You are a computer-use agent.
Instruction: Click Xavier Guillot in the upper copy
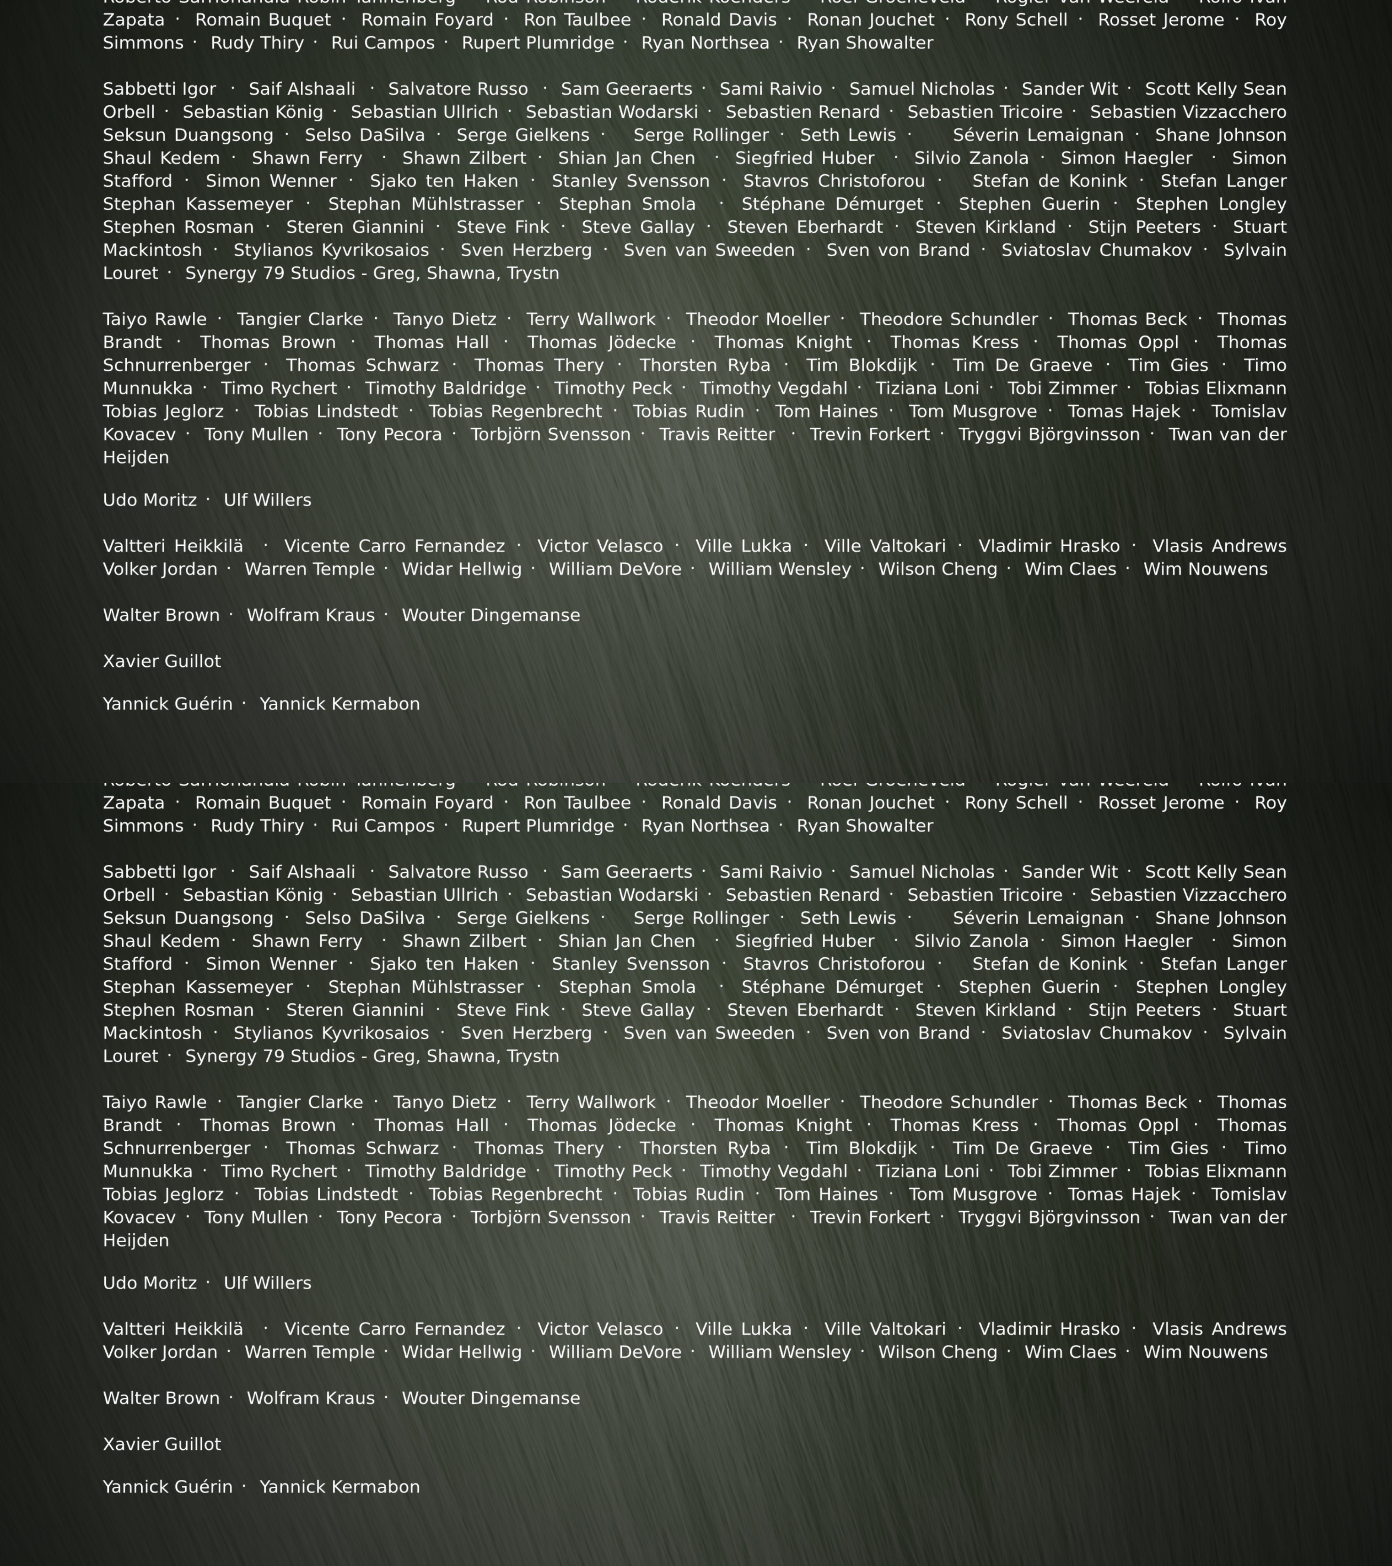click(162, 661)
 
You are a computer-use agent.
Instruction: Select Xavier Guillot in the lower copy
click(162, 1444)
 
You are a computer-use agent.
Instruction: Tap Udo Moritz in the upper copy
click(149, 500)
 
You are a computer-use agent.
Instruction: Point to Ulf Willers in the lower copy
click(267, 1283)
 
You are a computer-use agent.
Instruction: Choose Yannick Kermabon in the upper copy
click(339, 704)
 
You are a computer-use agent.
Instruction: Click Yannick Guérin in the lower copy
click(168, 1487)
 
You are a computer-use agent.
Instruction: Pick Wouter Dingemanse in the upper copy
click(490, 615)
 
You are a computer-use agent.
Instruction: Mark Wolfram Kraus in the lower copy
click(310, 1398)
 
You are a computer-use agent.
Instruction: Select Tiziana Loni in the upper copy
click(927, 388)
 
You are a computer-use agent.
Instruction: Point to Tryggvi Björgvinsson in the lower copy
click(1049, 1217)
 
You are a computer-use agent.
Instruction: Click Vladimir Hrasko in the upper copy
click(1049, 546)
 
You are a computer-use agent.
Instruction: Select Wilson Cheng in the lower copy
click(938, 1352)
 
